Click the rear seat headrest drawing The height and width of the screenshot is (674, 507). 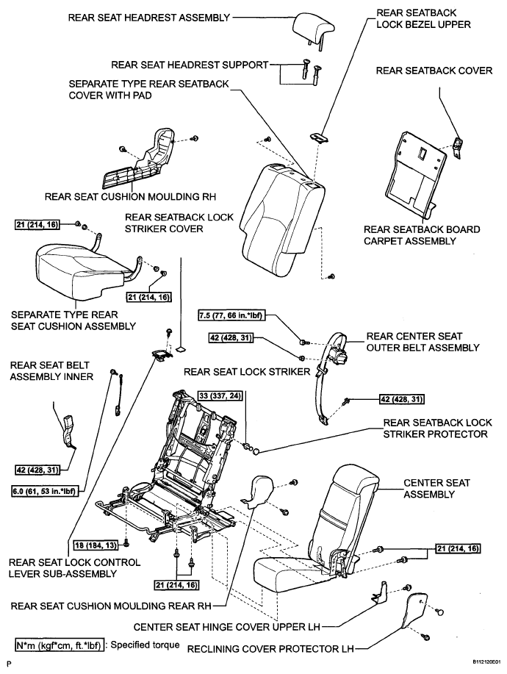pos(313,27)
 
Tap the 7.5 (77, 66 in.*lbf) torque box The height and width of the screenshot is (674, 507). pos(231,315)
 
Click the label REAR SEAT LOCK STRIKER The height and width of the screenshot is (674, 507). pos(247,371)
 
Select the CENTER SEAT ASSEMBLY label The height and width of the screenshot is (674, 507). pos(436,488)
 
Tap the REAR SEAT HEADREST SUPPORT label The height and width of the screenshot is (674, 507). pos(190,65)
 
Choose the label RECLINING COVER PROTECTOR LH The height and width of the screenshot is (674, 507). pos(270,648)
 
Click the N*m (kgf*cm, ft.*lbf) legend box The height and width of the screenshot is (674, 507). pos(60,645)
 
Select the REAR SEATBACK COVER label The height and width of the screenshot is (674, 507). pos(434,71)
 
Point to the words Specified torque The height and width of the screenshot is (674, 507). pos(145,645)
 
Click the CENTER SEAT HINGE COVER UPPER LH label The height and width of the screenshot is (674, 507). pos(227,627)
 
